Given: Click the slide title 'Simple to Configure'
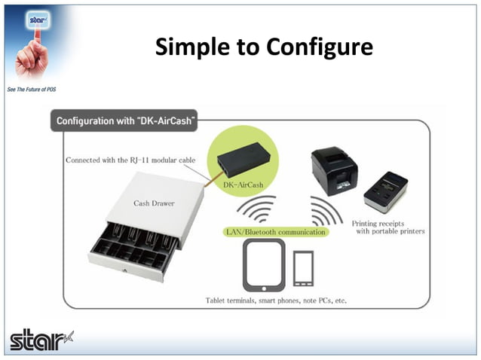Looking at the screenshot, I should [x=263, y=47].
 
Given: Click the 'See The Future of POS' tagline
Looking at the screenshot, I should [x=31, y=89].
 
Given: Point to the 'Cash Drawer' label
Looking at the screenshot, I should [x=152, y=203].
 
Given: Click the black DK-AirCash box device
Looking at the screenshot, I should [x=243, y=159].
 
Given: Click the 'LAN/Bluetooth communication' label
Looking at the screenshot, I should [x=276, y=233].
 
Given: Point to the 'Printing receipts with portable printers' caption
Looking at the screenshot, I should [x=388, y=227].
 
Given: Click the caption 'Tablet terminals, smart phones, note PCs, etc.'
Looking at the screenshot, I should [x=276, y=301].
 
